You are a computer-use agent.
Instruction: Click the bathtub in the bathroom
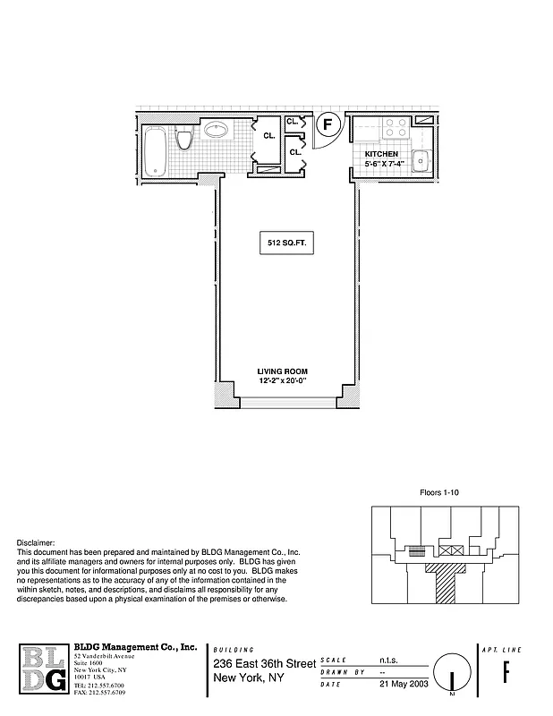(156, 150)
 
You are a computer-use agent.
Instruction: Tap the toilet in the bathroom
(185, 140)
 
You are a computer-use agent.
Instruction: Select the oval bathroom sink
(216, 130)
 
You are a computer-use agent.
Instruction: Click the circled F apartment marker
(328, 124)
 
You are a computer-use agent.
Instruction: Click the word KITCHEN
(381, 154)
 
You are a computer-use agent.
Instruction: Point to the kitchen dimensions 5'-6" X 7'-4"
(385, 164)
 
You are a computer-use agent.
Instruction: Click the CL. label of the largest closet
(268, 136)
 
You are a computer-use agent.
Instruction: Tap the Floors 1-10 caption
(438, 492)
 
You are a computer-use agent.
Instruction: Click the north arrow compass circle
(451, 673)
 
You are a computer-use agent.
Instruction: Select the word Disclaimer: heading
(37, 543)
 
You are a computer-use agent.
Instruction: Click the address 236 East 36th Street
(264, 663)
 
